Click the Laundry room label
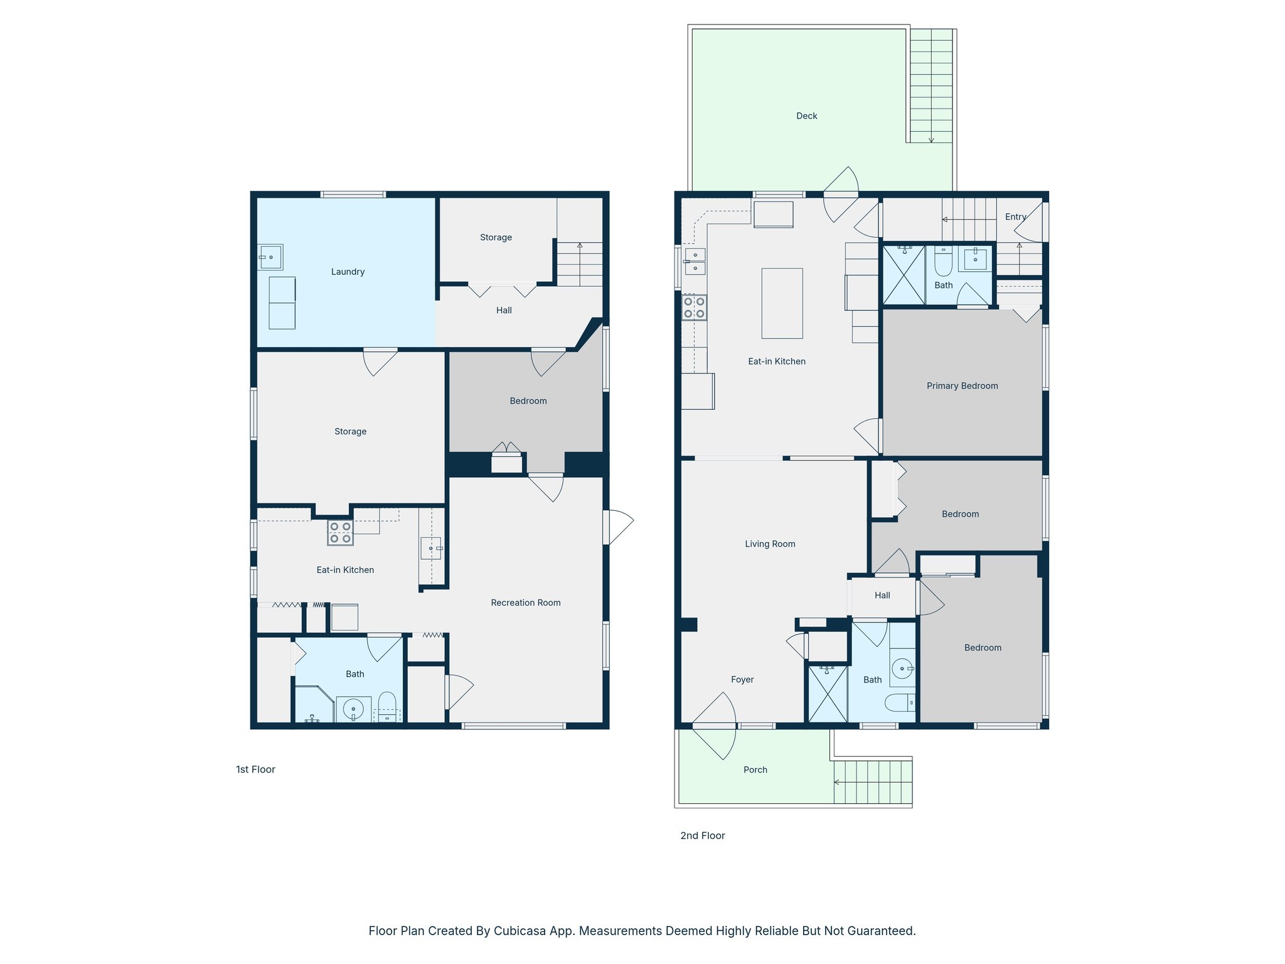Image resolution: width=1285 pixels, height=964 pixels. (348, 272)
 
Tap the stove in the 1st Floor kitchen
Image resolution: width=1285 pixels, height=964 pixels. (340, 533)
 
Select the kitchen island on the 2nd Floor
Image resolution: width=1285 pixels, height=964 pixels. (782, 304)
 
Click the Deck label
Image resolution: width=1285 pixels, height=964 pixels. (806, 116)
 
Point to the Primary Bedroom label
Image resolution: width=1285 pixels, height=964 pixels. (962, 386)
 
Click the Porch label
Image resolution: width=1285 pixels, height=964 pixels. (755, 770)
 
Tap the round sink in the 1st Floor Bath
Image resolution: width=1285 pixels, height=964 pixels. (353, 709)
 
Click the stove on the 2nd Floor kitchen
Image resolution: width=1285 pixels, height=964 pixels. (694, 308)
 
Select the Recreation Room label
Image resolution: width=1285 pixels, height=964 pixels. (525, 603)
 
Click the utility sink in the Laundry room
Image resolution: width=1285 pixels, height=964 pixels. (270, 257)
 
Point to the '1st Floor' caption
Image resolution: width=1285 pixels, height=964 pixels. (255, 769)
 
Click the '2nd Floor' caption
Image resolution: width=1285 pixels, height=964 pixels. (702, 836)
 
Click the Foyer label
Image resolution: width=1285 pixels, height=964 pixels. (742, 680)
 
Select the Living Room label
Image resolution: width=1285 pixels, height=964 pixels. (770, 544)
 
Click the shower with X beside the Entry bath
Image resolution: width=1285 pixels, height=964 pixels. (904, 276)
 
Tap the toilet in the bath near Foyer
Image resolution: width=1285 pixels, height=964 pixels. (900, 702)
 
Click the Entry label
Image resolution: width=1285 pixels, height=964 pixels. (1015, 217)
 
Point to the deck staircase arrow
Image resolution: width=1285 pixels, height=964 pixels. (931, 139)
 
